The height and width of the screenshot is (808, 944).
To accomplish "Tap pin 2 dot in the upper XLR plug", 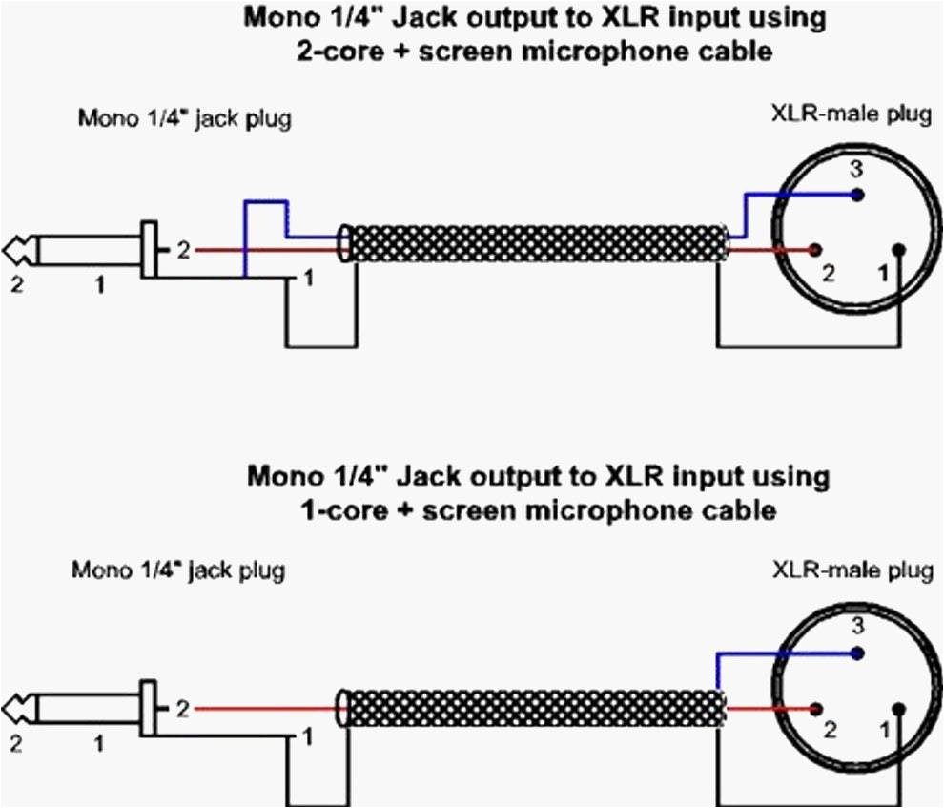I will tap(814, 251).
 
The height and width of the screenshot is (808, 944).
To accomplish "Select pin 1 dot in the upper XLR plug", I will tap(900, 251).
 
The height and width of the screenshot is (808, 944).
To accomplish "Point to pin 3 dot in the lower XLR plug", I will tap(858, 653).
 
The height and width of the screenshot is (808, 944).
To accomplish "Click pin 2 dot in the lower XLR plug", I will tap(815, 709).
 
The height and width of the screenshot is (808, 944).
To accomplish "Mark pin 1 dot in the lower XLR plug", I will tap(900, 709).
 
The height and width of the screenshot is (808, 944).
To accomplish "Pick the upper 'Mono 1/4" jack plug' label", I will tap(184, 119).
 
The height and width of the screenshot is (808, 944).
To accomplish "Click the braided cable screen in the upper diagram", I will tap(534, 243).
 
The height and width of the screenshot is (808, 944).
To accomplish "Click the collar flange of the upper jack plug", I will tap(148, 250).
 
